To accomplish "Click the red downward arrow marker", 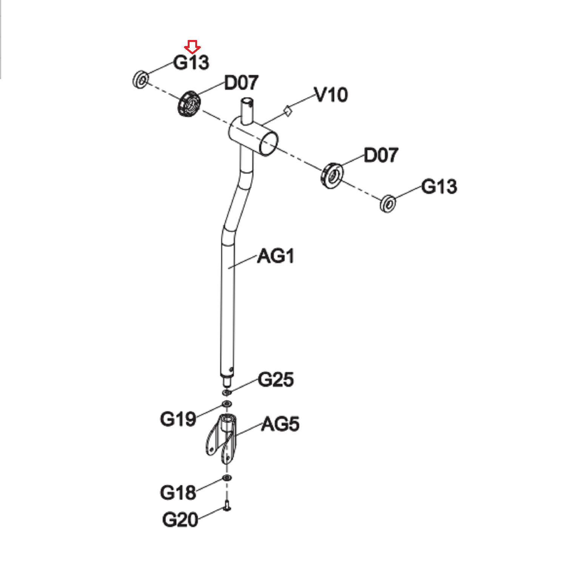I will pyautogui.click(x=192, y=47).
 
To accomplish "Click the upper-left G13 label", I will pyautogui.click(x=191, y=62).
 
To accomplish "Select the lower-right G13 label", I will pyautogui.click(x=439, y=186).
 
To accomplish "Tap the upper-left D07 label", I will pyautogui.click(x=241, y=83).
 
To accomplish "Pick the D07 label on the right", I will pyautogui.click(x=381, y=155).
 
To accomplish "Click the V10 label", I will pyautogui.click(x=331, y=95).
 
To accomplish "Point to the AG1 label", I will pyautogui.click(x=276, y=256).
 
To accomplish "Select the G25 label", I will pyautogui.click(x=276, y=380).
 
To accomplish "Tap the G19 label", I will pyautogui.click(x=178, y=419).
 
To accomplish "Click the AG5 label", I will pyautogui.click(x=280, y=424).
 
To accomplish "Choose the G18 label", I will pyautogui.click(x=178, y=492).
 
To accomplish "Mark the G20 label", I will pyautogui.click(x=180, y=520).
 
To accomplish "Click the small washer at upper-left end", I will pyautogui.click(x=141, y=79).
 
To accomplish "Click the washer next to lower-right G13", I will pyautogui.click(x=388, y=203).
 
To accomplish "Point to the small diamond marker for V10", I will pyautogui.click(x=288, y=111).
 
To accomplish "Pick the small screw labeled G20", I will pyautogui.click(x=227, y=505).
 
